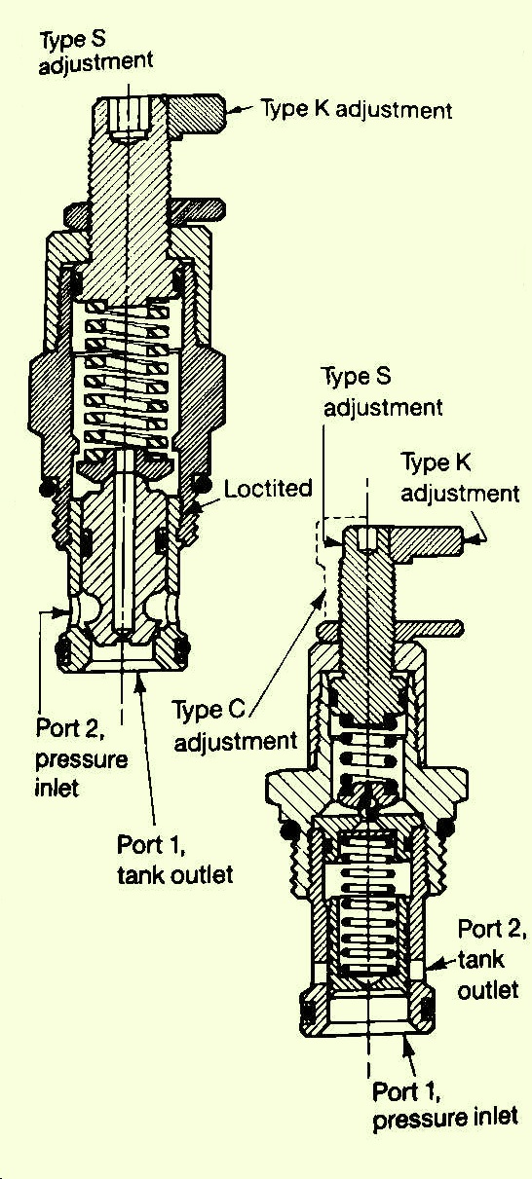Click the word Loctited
[x=268, y=489]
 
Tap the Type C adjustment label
[x=236, y=726]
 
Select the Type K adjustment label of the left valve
[x=358, y=110]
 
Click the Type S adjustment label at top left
[x=95, y=55]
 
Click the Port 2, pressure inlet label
[x=81, y=759]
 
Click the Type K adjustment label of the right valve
[x=460, y=478]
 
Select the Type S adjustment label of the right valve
[x=382, y=392]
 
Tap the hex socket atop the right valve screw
[x=367, y=539]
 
